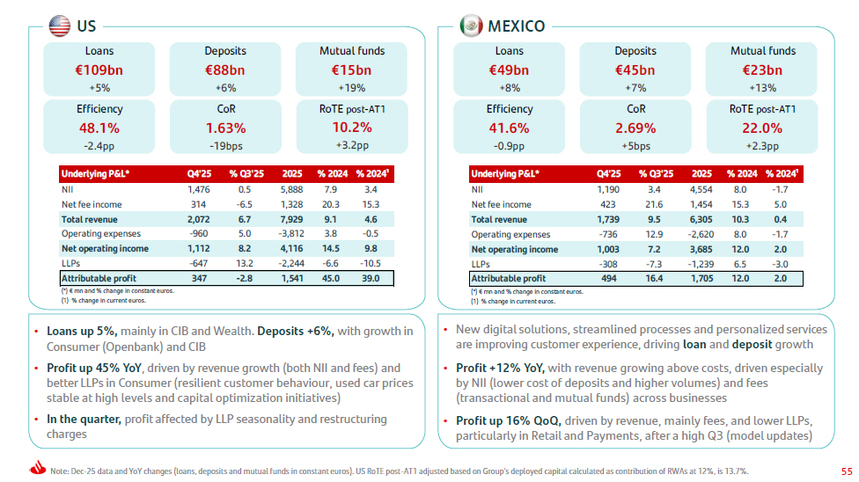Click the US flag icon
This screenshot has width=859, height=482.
[59, 26]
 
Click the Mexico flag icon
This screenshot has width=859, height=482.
[471, 26]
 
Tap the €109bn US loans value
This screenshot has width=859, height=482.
[99, 70]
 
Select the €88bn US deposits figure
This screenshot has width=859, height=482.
[225, 70]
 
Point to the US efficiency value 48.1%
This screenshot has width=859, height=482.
[99, 128]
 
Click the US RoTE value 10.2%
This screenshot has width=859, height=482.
[352, 128]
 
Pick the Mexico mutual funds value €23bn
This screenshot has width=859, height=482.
[762, 70]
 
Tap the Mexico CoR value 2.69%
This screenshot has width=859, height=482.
[635, 128]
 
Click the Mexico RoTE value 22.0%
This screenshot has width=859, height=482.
[762, 128]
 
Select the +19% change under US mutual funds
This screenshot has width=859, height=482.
[352, 88]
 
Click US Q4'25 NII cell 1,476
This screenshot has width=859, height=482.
[198, 189]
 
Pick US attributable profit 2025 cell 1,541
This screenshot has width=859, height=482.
[292, 278]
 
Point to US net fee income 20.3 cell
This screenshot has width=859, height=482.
[330, 204]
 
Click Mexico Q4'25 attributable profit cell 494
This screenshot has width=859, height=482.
[609, 278]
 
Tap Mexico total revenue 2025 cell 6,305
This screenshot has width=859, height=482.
[701, 219]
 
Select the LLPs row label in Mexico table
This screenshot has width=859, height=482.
[481, 264]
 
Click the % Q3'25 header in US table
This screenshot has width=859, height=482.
[246, 173]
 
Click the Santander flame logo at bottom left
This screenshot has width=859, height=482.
[38, 467]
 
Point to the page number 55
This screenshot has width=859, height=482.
[847, 471]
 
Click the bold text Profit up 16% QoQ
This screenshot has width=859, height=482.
[509, 420]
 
